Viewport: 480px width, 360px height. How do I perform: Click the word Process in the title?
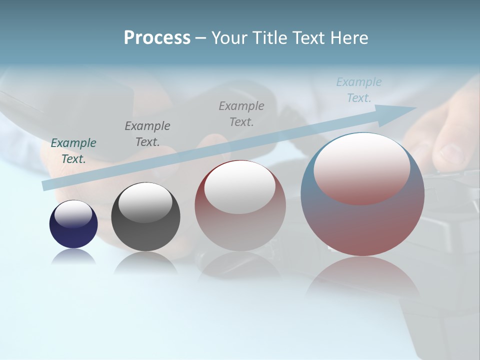(x=157, y=38)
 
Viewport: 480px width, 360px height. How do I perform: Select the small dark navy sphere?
(x=73, y=224)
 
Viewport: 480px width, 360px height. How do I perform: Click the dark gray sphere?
(x=145, y=217)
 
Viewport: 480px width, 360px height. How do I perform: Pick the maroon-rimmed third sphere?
(x=240, y=206)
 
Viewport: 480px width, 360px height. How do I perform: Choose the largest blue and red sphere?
(x=362, y=195)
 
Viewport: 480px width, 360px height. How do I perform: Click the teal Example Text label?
(x=73, y=151)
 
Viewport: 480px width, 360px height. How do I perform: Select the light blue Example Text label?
(x=359, y=90)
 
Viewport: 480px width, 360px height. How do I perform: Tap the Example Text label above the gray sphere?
(x=147, y=134)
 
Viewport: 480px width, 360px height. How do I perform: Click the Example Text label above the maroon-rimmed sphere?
(x=241, y=113)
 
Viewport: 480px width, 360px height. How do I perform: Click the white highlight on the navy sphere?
(x=73, y=214)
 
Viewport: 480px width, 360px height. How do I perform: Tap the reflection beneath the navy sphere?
(x=73, y=256)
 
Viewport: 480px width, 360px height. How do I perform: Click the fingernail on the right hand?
(x=452, y=152)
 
